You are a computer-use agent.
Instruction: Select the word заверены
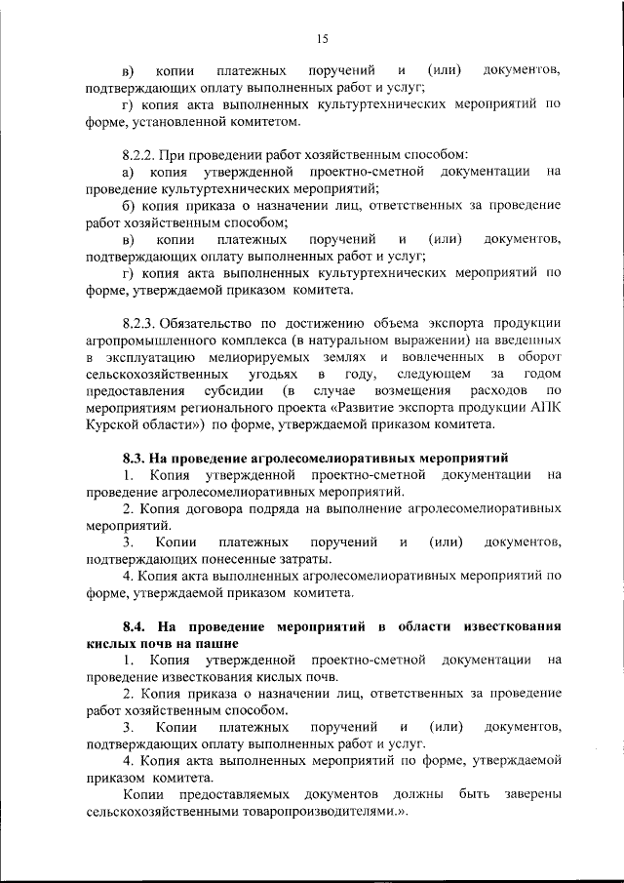pyautogui.click(x=532, y=795)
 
